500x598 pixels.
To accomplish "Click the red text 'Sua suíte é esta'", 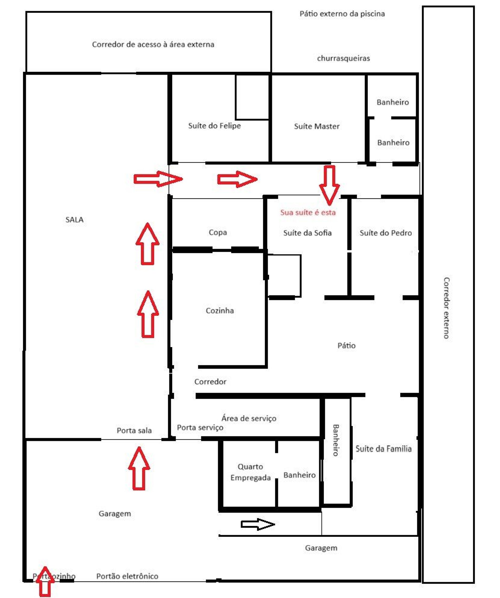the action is coord(308,212).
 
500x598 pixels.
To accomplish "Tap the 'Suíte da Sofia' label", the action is coord(307,233).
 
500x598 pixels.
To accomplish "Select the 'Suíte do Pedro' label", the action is coord(386,233).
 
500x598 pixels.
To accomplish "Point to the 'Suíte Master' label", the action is coord(317,126).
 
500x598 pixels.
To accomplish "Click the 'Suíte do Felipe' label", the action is coord(214,126).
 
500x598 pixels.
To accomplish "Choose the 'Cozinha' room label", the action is coord(220,310).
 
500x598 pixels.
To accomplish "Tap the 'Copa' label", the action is coord(218,232).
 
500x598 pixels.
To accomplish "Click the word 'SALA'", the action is coord(74,219).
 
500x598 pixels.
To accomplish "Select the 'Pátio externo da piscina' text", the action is coord(342,14).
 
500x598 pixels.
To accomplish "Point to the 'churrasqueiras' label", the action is coord(344,58).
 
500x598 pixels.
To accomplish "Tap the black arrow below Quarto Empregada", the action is coord(258,524).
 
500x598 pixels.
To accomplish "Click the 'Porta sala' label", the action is coord(134,430).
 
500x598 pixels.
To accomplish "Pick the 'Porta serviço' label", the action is coord(200,428).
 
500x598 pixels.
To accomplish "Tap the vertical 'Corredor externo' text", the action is coord(446,308).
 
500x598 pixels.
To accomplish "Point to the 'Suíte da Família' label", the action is coord(384,449).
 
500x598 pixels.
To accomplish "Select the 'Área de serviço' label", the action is coord(249,418).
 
